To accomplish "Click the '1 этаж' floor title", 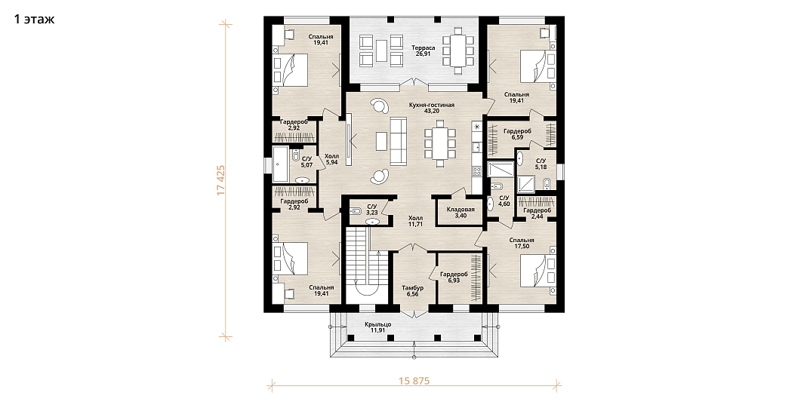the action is pyautogui.click(x=35, y=20).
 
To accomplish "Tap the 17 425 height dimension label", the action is pyautogui.click(x=221, y=180).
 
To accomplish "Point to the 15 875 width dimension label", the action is pyautogui.click(x=413, y=381).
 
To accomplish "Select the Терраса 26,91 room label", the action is pyautogui.click(x=423, y=51).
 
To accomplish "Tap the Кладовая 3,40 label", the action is pyautogui.click(x=461, y=212).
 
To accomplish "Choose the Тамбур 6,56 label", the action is pyautogui.click(x=412, y=291).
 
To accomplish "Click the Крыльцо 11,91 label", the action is pyautogui.click(x=378, y=327).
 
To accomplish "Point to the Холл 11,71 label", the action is pyautogui.click(x=416, y=220).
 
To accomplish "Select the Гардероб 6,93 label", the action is pyautogui.click(x=454, y=278).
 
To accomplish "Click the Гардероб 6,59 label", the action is pyautogui.click(x=517, y=134).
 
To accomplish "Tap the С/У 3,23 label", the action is pyautogui.click(x=372, y=210).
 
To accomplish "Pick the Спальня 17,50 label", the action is pyautogui.click(x=522, y=243).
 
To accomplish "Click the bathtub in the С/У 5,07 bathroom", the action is pyautogui.click(x=280, y=164).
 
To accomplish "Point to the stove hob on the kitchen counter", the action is pyautogui.click(x=476, y=172).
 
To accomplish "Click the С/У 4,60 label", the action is pyautogui.click(x=504, y=201).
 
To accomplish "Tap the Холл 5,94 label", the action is pyautogui.click(x=331, y=159).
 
